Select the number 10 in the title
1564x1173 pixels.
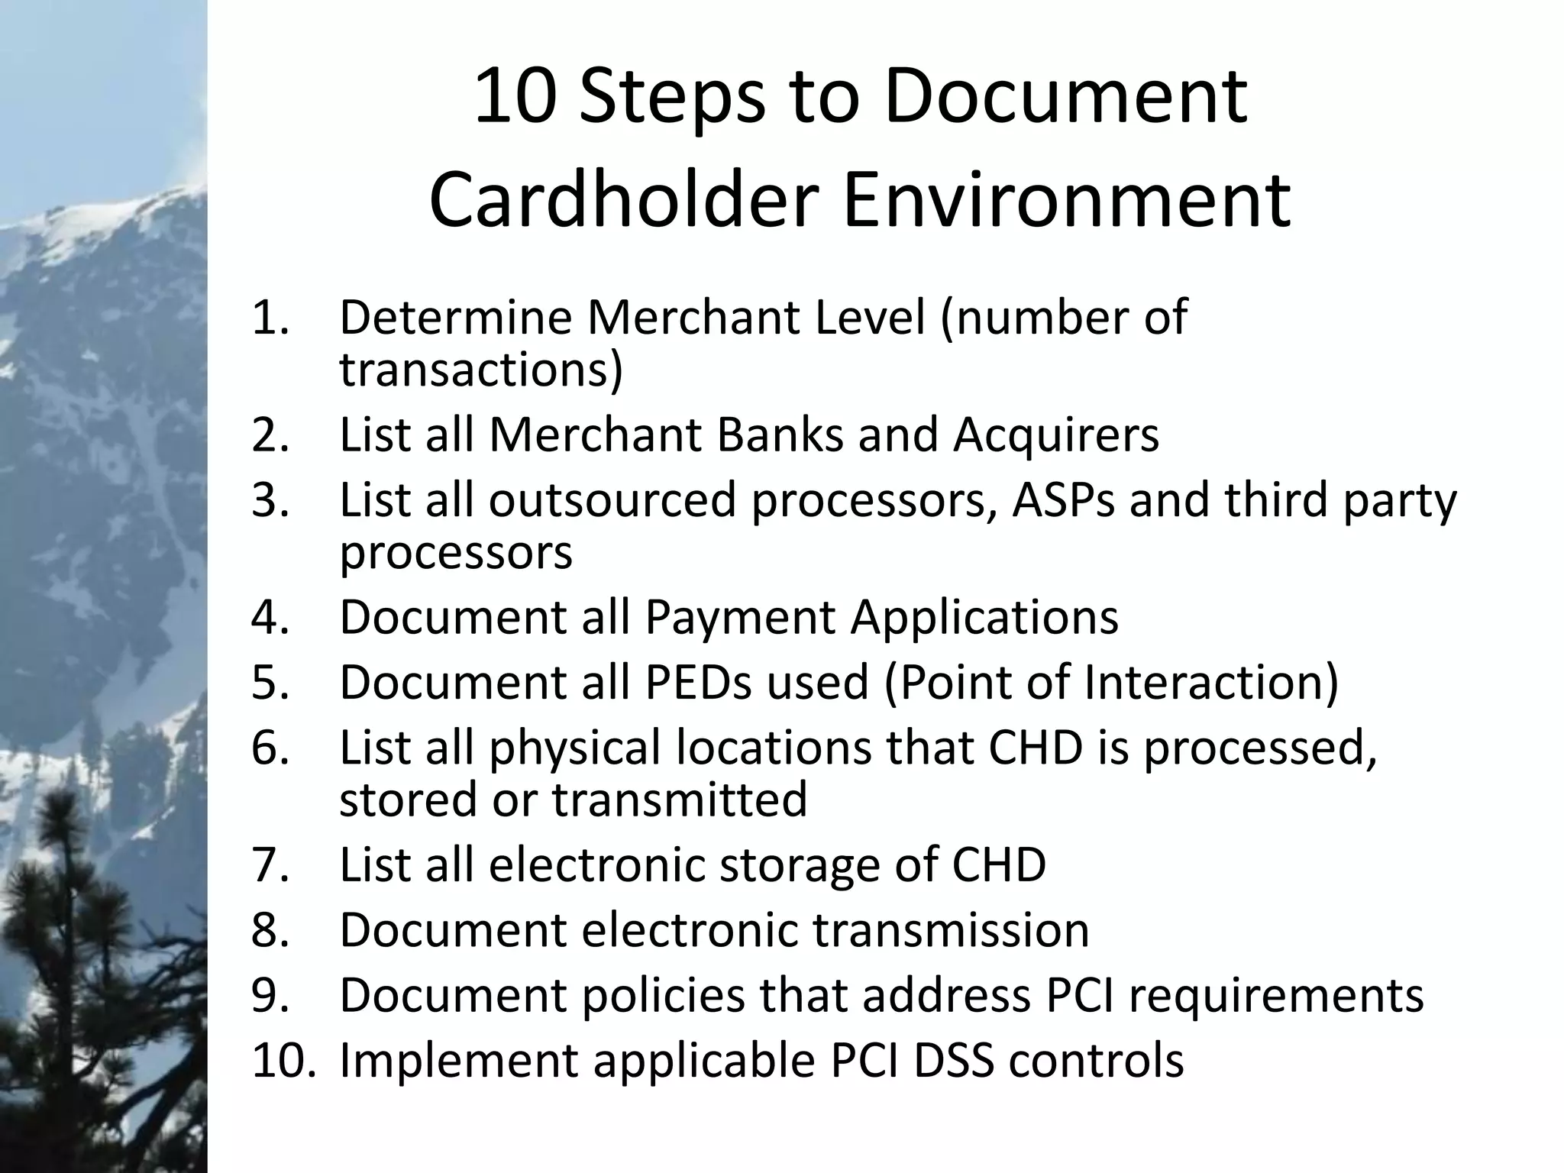(513, 97)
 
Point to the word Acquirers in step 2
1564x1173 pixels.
(1056, 435)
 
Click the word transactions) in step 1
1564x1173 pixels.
(481, 370)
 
